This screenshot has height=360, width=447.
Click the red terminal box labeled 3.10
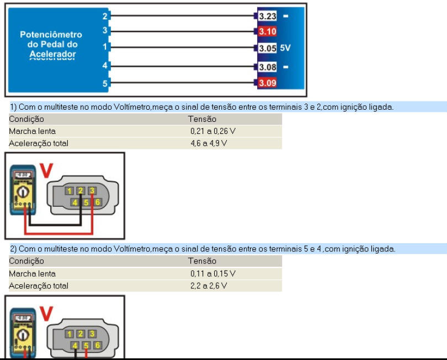[x=268, y=31]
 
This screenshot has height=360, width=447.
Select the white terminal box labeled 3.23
[x=268, y=16]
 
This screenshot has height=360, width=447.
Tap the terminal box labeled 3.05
[x=268, y=48]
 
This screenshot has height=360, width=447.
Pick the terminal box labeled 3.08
[x=268, y=67]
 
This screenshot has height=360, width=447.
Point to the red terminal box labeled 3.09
[x=268, y=83]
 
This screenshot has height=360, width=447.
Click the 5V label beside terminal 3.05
[x=285, y=48]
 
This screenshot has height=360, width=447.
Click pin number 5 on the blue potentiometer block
[x=105, y=83]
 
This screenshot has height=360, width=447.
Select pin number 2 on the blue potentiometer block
[x=105, y=16]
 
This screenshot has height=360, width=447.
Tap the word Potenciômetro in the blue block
[x=51, y=35]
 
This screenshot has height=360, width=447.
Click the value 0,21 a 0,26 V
[x=213, y=131]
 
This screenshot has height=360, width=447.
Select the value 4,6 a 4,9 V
[x=209, y=143]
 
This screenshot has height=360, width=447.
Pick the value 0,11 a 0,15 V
[x=213, y=273]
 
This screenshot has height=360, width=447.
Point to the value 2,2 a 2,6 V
[x=209, y=286]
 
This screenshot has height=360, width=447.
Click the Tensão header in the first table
[x=202, y=119]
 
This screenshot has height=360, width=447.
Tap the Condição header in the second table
[x=26, y=261]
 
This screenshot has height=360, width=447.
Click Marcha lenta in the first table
[x=32, y=131]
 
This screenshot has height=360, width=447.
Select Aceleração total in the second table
[x=39, y=286]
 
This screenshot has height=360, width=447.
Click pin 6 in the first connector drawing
[x=98, y=202]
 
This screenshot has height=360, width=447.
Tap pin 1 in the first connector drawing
[x=70, y=191]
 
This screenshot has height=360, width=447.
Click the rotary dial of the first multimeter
[x=23, y=192]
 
